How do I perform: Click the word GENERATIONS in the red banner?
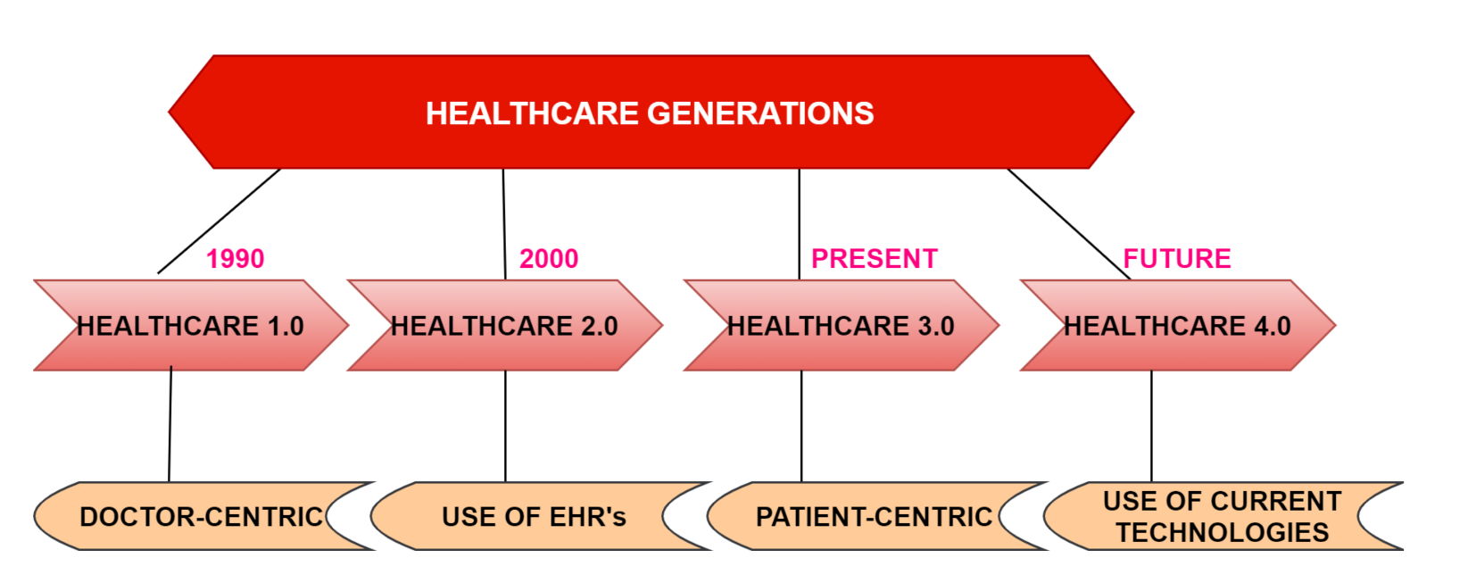click(761, 113)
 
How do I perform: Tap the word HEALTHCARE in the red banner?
click(532, 113)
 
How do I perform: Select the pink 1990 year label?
click(236, 259)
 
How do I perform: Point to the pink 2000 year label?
click(549, 259)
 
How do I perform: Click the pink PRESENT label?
click(875, 259)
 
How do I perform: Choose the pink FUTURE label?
click(1177, 259)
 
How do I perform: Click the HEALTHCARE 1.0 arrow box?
click(191, 325)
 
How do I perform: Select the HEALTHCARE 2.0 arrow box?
click(504, 325)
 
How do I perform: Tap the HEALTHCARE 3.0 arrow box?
click(842, 325)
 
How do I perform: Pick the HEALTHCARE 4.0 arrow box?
click(1178, 325)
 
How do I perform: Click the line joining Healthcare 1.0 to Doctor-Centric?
click(170, 424)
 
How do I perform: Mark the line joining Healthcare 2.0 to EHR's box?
click(505, 426)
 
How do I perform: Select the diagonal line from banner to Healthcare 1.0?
click(219, 221)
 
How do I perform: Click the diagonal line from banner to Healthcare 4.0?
click(1069, 224)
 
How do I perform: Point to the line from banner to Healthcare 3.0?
click(799, 224)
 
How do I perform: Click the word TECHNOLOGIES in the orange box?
click(1223, 532)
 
